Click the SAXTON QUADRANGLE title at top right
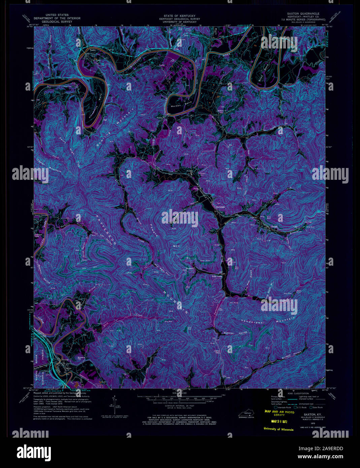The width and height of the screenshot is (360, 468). click(x=303, y=14)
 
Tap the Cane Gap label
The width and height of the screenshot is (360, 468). click(x=217, y=352)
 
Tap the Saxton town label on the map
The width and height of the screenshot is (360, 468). click(x=65, y=360)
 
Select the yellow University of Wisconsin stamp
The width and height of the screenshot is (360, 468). click(x=278, y=429)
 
